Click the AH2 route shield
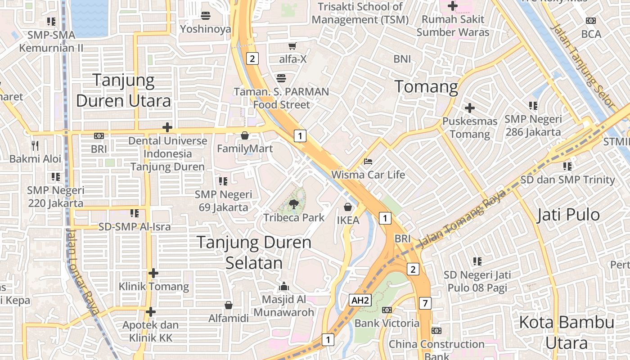click(x=360, y=301)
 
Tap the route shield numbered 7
click(x=425, y=303)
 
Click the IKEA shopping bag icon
click(x=348, y=207)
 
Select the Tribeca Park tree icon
click(x=294, y=204)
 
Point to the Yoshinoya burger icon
click(x=206, y=16)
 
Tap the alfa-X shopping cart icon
click(x=292, y=46)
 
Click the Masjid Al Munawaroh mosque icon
click(x=283, y=286)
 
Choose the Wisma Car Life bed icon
click(x=368, y=162)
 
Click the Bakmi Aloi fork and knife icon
click(x=35, y=145)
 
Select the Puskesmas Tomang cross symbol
click(x=470, y=108)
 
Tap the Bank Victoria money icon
click(x=387, y=310)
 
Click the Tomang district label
click(x=426, y=86)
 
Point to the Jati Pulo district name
click(x=568, y=215)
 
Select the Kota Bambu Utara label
click(x=567, y=333)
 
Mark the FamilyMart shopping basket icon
click(x=245, y=135)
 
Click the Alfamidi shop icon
click(x=229, y=305)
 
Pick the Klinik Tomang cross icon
click(x=153, y=273)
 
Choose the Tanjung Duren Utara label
click(x=124, y=90)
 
